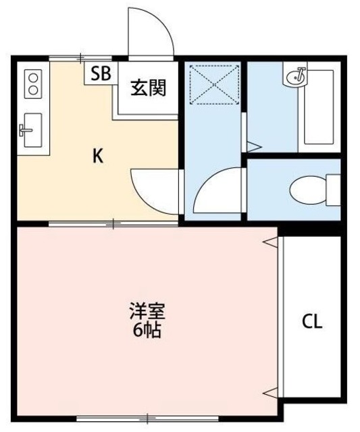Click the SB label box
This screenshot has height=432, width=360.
click(101, 74)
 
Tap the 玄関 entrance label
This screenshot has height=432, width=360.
click(148, 87)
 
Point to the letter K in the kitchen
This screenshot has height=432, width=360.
click(98, 157)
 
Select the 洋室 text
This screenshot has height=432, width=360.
click(147, 313)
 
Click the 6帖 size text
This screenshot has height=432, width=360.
click(147, 331)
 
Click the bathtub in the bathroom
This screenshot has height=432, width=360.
click(319, 107)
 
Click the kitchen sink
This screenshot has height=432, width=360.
click(29, 130)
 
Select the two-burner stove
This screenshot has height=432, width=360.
click(31, 84)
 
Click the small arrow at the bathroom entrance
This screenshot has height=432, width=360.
click(253, 144)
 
